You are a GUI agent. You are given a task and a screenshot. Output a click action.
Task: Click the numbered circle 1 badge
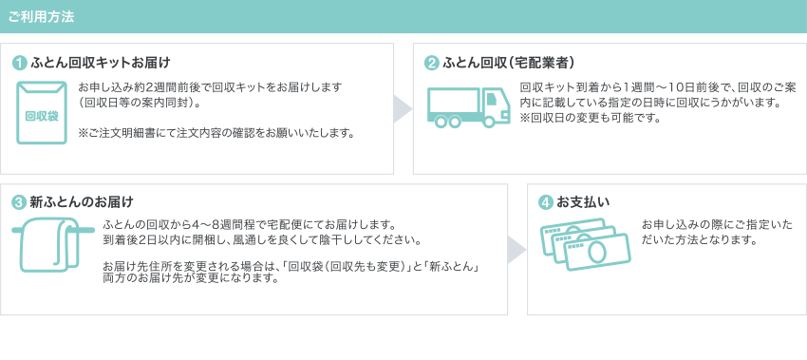pos(20,64)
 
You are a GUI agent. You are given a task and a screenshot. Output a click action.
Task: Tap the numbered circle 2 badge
pos(432,64)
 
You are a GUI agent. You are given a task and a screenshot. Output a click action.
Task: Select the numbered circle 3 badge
pos(20,202)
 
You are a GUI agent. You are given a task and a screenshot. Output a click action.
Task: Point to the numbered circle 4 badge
pos(545,202)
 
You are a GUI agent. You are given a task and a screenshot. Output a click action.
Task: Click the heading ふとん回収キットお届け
pos(100,64)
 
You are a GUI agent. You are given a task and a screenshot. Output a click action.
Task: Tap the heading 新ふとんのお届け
pos(81,202)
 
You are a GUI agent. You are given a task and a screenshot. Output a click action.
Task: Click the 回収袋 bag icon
pos(42,113)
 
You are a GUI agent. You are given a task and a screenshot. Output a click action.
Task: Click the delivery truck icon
pos(468,106)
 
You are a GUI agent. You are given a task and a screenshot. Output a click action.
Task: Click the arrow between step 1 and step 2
pos(403,108)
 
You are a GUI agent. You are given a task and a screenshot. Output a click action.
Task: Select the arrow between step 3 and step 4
pos(516,249)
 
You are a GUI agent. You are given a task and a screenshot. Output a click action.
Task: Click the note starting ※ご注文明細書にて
pos(216,133)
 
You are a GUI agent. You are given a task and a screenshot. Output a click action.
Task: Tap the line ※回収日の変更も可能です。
pos(590,118)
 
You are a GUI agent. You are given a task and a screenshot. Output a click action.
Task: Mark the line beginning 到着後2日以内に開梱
pos(261,238)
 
